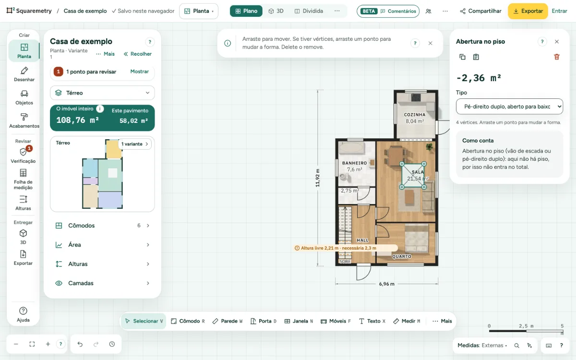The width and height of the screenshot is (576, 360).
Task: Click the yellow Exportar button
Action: (528, 11)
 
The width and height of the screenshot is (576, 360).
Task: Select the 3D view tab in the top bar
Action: (276, 11)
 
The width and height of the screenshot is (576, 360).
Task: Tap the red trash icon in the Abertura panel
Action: (556, 57)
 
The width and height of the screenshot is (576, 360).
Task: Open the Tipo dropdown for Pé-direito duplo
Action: (509, 107)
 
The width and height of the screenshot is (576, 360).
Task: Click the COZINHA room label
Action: (415, 115)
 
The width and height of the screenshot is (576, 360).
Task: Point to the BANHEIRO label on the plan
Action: (354, 163)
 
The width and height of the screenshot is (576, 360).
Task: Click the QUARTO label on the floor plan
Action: (401, 256)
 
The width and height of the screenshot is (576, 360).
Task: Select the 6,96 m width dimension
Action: (386, 284)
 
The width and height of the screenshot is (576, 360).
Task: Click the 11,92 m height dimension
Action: (318, 178)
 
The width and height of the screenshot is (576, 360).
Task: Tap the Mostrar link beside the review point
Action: (139, 72)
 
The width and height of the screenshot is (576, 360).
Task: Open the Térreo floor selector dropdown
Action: (102, 93)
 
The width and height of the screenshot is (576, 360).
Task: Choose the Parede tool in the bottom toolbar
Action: (228, 321)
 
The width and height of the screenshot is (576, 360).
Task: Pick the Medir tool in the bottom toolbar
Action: (407, 321)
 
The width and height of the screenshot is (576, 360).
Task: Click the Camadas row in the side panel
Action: (102, 283)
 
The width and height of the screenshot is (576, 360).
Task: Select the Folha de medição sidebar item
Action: (23, 179)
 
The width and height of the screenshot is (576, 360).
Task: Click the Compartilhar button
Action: (480, 11)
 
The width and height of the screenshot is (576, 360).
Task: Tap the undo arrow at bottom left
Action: (80, 344)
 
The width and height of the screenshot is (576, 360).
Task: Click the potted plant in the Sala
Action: (429, 147)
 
